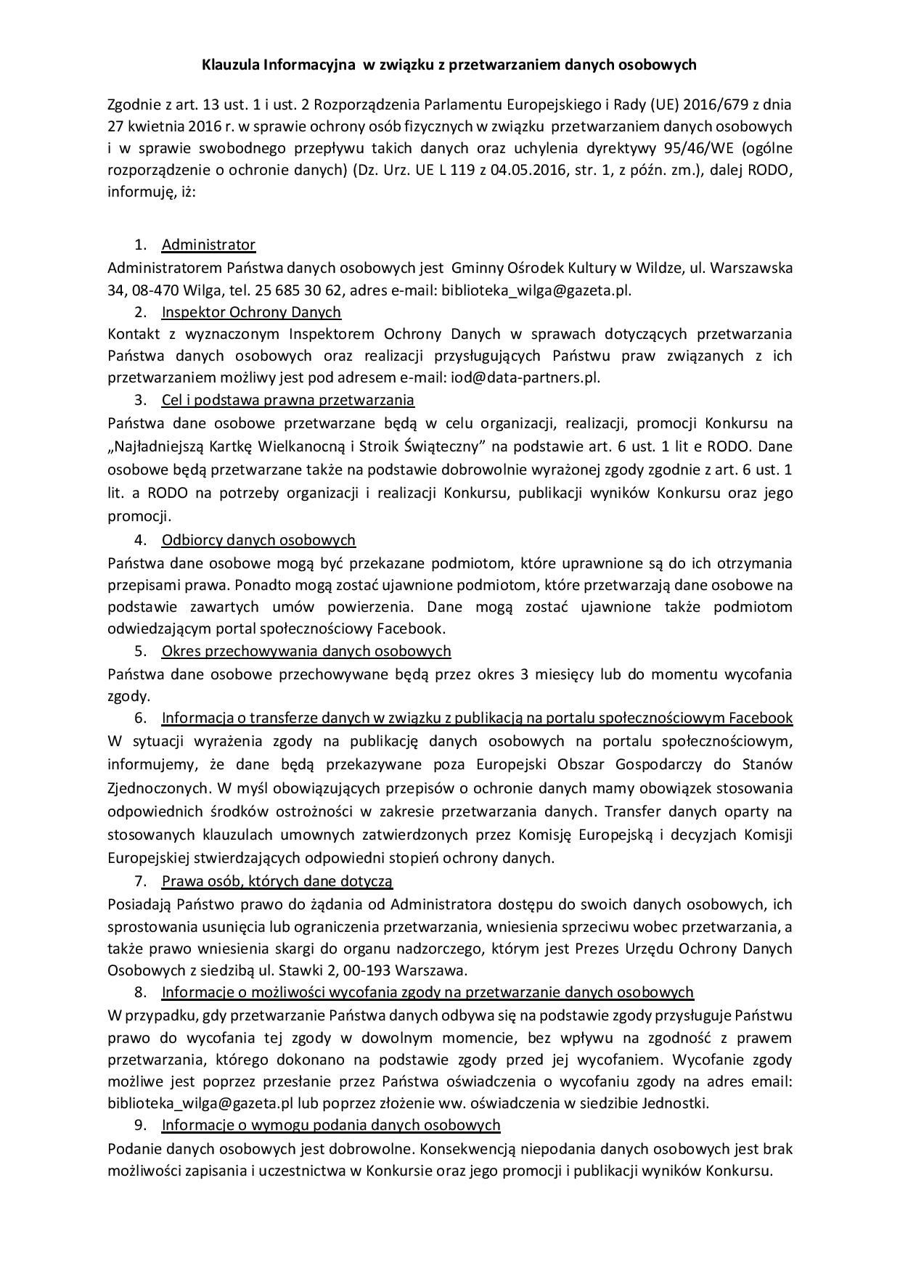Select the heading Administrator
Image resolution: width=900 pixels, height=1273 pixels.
point(208,245)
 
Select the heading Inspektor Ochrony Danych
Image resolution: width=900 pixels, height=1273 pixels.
point(251,312)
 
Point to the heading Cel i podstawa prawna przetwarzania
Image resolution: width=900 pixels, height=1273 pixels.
point(287,400)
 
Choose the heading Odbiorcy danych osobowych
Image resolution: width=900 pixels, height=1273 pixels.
point(258,540)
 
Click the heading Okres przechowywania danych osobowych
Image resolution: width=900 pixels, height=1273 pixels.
point(306,651)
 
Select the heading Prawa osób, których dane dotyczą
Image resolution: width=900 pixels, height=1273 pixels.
point(277,881)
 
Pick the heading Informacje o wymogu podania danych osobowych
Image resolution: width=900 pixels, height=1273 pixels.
point(331,1125)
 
